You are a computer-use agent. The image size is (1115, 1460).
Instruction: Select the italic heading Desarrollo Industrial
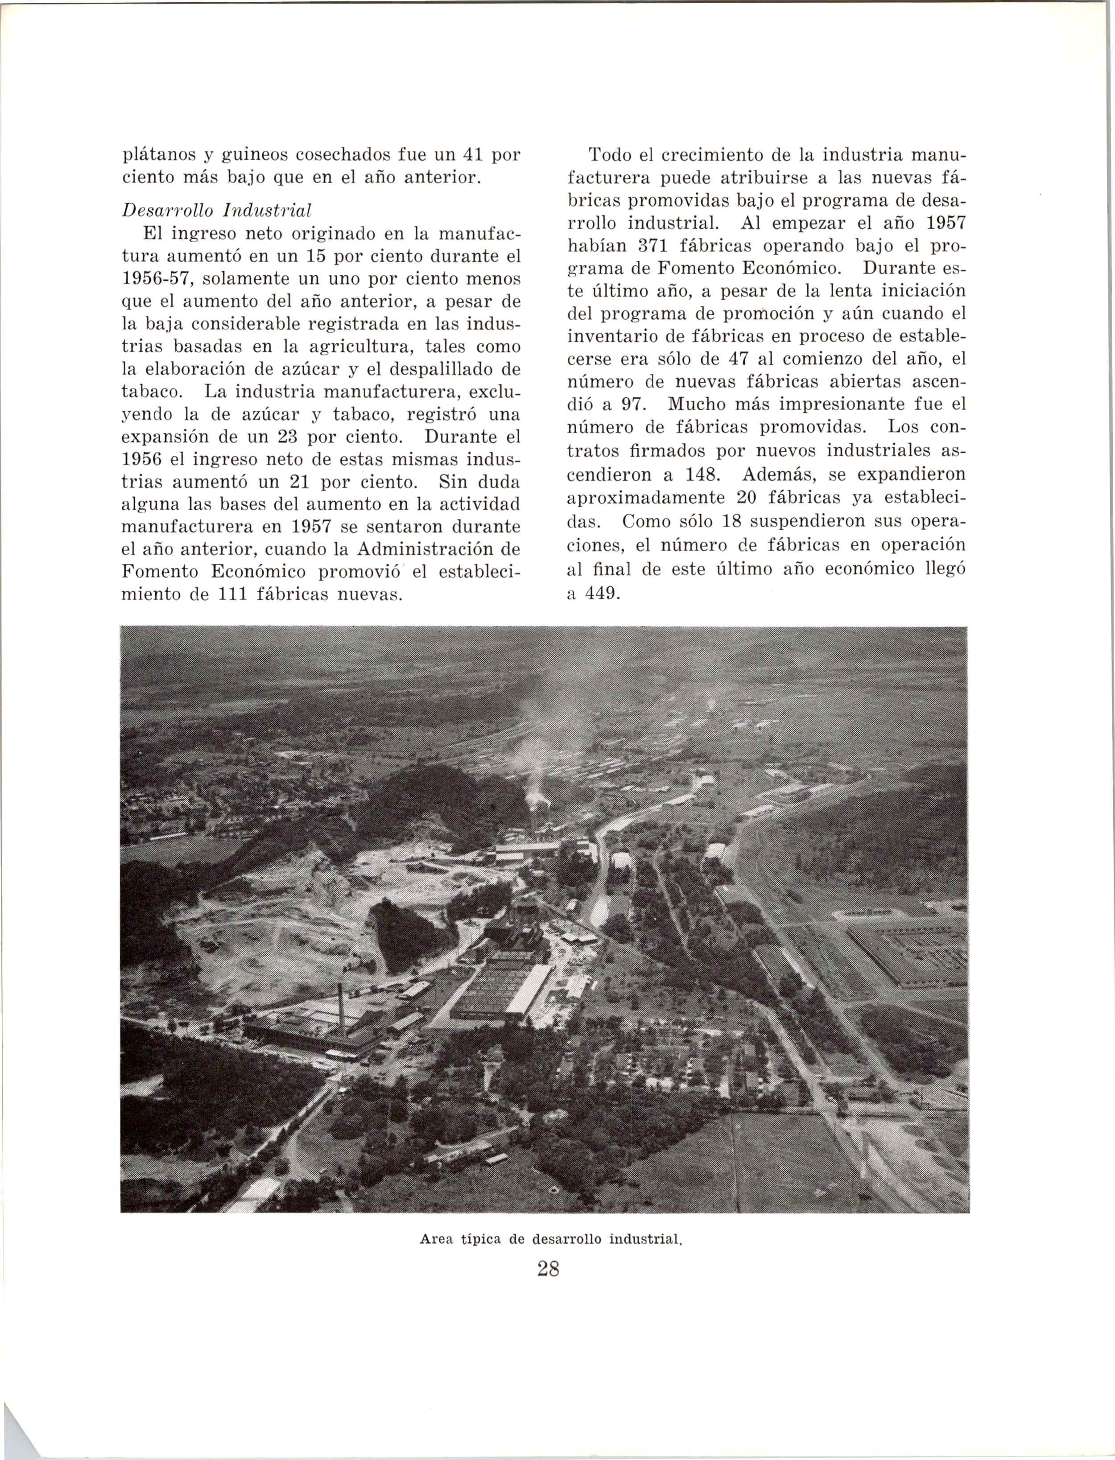click(x=218, y=210)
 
